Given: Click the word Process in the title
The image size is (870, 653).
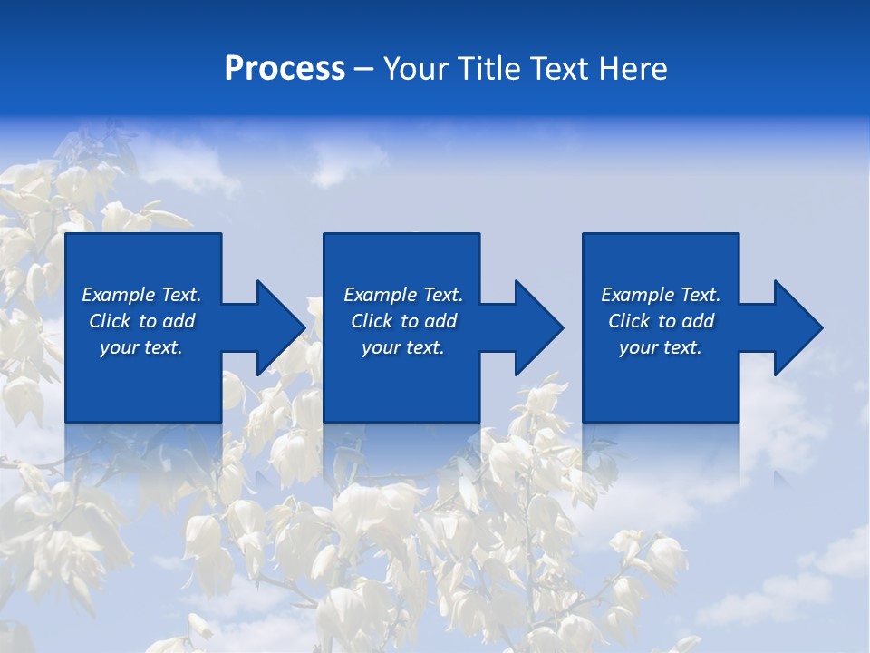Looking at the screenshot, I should click(x=285, y=69).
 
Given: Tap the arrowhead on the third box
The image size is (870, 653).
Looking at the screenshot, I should click(x=798, y=327).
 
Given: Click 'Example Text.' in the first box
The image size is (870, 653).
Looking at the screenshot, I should click(x=141, y=295).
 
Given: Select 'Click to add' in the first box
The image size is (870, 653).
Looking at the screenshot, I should click(x=141, y=321).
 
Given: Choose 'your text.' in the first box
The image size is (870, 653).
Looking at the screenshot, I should click(x=141, y=347).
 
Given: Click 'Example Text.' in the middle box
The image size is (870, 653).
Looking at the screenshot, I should click(x=403, y=295).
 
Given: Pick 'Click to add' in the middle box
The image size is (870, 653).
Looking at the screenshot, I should click(x=403, y=321).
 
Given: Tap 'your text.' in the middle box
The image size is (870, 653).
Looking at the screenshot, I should click(x=403, y=347).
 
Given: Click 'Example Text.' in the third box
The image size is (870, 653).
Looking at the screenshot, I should click(x=661, y=295).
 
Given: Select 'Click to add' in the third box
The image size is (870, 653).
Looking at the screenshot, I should click(x=661, y=321).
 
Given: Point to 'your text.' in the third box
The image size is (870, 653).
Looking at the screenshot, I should click(x=661, y=347).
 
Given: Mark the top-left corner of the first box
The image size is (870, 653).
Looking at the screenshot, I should click(x=66, y=234).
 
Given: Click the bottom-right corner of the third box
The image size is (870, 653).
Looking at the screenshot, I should click(x=738, y=422).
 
